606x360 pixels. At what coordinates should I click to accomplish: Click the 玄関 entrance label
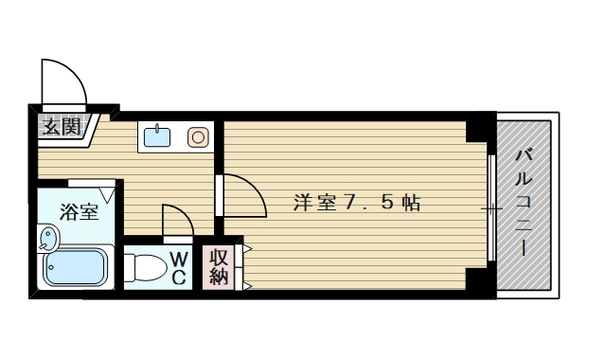click(60, 126)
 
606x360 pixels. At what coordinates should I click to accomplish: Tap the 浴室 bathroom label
click(80, 211)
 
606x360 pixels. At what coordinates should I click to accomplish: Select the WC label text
click(179, 267)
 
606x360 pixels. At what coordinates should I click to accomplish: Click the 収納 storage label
click(219, 266)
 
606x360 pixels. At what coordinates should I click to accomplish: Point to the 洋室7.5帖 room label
click(357, 202)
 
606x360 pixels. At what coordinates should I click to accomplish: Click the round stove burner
click(198, 137)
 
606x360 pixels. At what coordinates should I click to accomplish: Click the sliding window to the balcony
click(491, 207)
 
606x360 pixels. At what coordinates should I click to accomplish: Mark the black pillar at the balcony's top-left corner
click(483, 127)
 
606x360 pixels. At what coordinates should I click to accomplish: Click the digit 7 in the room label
click(350, 202)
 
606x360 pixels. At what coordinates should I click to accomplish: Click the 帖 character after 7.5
click(411, 202)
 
